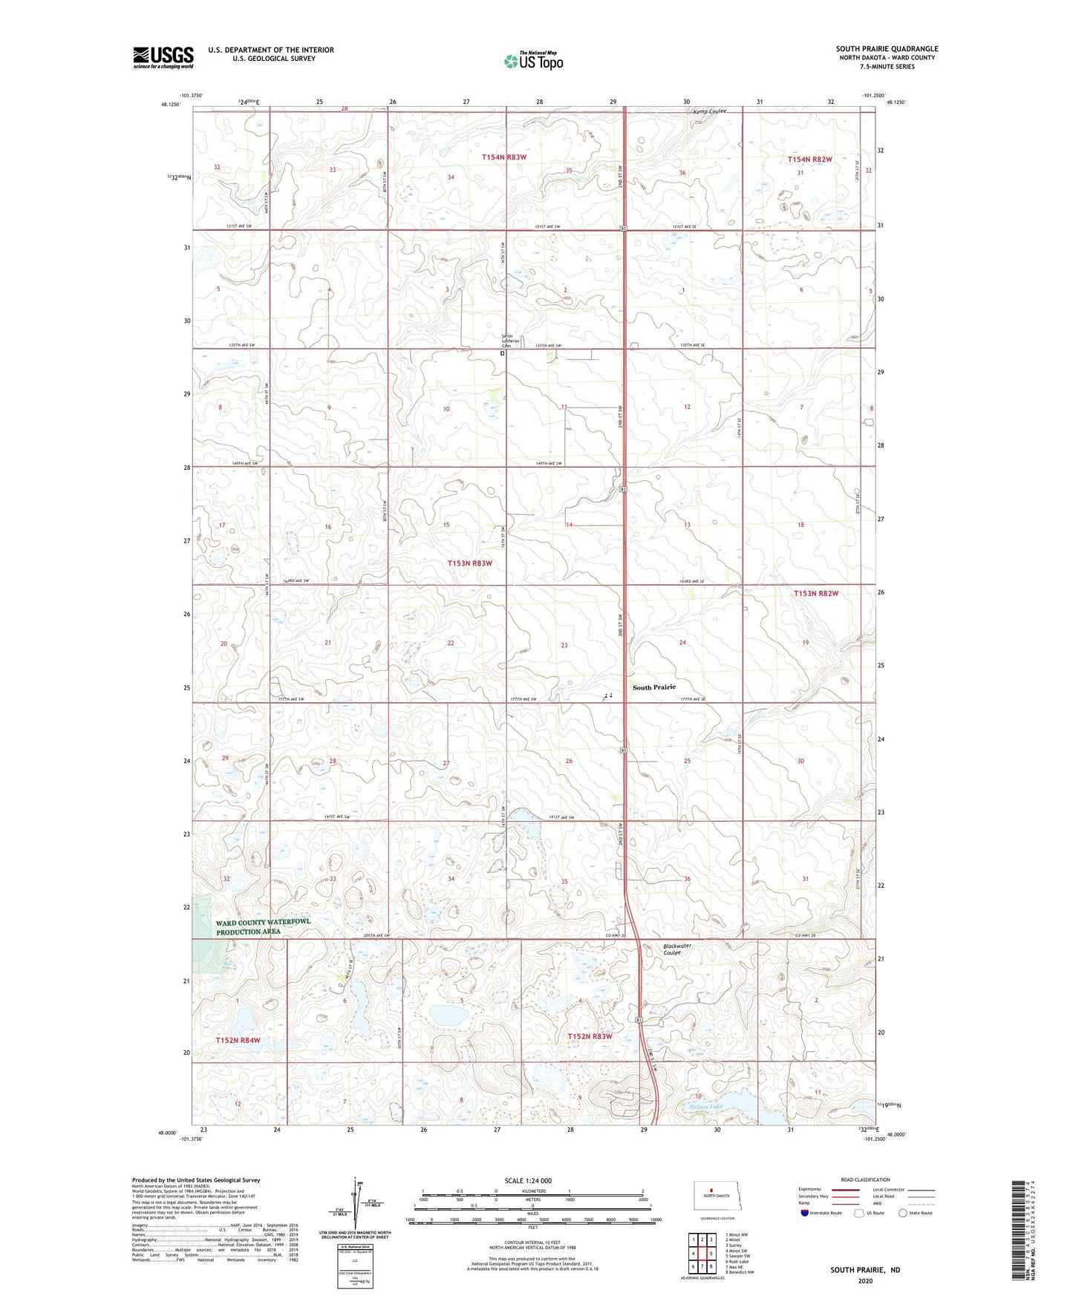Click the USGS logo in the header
(163, 57)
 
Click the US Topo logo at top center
(533, 60)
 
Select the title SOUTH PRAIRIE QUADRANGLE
(887, 49)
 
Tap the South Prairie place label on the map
(653, 687)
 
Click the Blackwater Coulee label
(676, 949)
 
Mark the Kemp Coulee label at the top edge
(709, 112)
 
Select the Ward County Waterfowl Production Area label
(263, 926)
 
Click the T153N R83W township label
(469, 563)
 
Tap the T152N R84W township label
(238, 1041)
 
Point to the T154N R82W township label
(810, 160)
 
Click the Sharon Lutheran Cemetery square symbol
(502, 354)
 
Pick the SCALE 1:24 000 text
(528, 1180)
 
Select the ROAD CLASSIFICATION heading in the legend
(865, 1179)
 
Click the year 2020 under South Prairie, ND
(864, 1280)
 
